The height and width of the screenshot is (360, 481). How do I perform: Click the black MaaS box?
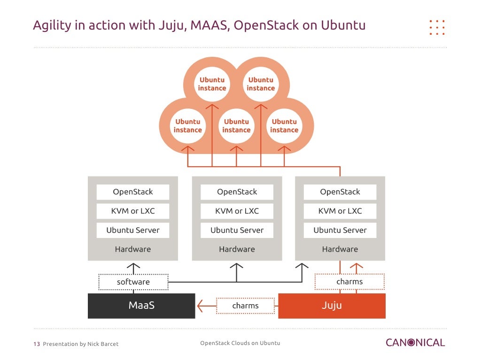(141, 306)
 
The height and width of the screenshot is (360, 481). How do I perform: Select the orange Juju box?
(332, 306)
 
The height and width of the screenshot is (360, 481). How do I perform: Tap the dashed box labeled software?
(133, 282)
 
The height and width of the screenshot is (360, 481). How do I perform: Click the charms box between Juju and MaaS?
(245, 306)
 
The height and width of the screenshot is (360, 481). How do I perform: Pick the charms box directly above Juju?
(349, 282)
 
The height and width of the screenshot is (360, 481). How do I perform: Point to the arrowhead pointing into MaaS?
(201, 306)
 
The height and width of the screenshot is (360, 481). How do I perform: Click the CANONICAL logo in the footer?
(415, 343)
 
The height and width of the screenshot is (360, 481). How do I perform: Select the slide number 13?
(36, 344)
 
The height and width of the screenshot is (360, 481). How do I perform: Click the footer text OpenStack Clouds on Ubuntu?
(240, 343)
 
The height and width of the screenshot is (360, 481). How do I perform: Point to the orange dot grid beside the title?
(437, 27)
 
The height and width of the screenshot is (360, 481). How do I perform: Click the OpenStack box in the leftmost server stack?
(133, 191)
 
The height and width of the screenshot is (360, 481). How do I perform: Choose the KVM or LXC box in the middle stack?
(237, 211)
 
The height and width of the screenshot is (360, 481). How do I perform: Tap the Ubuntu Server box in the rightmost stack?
(340, 230)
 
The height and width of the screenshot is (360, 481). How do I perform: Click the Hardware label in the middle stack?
(237, 249)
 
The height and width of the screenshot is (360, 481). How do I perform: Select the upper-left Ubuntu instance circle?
(212, 84)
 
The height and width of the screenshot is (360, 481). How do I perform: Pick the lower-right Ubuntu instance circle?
(284, 126)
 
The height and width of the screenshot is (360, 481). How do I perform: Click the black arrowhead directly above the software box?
(133, 267)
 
